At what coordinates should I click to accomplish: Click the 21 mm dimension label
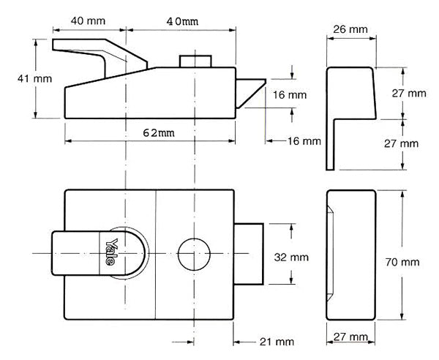pos(276,342)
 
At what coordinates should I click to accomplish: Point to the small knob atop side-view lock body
pos(195,60)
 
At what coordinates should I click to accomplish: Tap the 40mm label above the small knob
pos(181,21)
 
